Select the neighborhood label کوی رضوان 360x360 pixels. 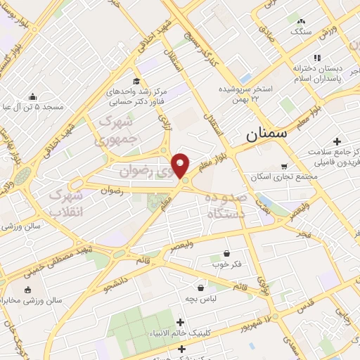(151, 169)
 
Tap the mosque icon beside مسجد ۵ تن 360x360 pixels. (32, 97)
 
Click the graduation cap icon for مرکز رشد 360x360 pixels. (136, 82)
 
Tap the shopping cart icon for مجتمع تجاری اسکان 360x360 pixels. (284, 167)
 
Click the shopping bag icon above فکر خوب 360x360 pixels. (226, 253)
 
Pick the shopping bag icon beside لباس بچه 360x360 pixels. (201, 287)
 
